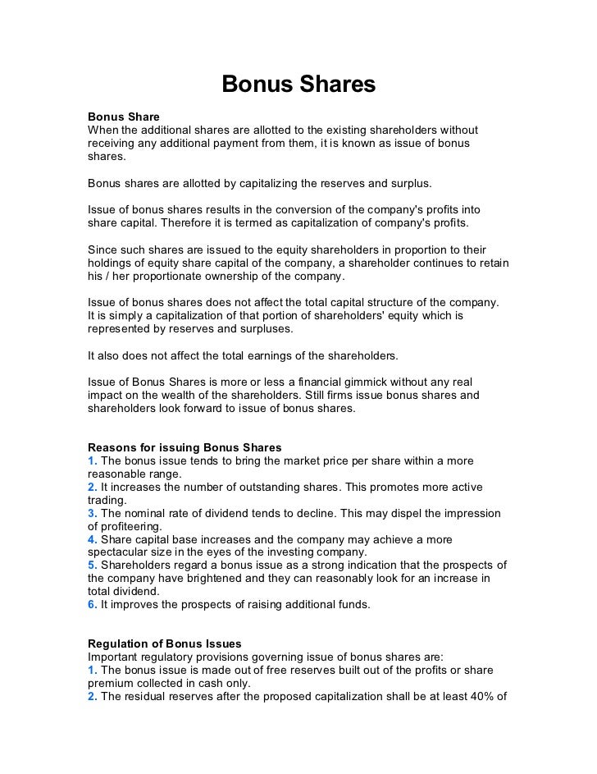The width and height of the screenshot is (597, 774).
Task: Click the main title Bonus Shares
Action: tap(298, 85)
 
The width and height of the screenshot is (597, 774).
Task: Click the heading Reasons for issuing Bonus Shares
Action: tap(185, 447)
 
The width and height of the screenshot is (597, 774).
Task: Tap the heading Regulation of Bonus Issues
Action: tap(165, 643)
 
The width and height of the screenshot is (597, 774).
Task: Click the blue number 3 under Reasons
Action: tap(93, 513)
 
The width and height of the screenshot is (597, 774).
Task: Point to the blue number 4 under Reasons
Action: tap(93, 539)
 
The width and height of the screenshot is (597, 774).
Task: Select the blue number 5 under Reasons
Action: tap(93, 565)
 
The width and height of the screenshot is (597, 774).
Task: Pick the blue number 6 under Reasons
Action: tap(93, 605)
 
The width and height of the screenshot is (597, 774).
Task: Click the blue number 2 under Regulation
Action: tap(93, 697)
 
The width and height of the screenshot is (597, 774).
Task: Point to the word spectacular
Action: tap(120, 552)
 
